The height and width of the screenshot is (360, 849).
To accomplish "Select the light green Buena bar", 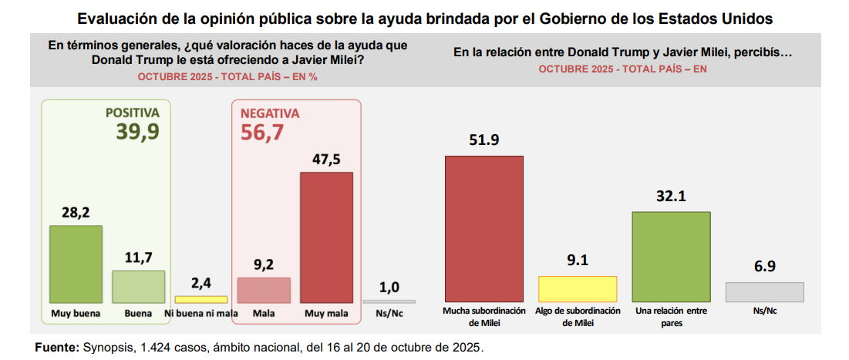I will [x=139, y=286].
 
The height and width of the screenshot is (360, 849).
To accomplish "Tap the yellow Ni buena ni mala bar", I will [x=200, y=299].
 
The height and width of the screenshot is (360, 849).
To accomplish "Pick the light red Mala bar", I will [x=264, y=290].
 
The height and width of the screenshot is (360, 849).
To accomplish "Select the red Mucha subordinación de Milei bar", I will [x=484, y=228].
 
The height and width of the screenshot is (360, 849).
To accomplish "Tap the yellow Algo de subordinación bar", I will [x=578, y=288].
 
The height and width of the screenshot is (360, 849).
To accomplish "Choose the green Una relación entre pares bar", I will [x=671, y=256].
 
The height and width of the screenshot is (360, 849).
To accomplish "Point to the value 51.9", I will [x=484, y=140].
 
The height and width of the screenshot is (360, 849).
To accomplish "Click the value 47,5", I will [x=326, y=160].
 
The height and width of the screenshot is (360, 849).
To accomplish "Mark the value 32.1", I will [x=671, y=197].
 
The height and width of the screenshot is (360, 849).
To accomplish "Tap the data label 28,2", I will [x=76, y=212].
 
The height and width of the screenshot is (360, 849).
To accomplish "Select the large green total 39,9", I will [x=138, y=133].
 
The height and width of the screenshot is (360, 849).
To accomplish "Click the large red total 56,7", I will [x=262, y=133].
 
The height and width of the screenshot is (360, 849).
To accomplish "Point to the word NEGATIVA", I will [x=270, y=113].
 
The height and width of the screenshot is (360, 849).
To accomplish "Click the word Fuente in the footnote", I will [x=56, y=348].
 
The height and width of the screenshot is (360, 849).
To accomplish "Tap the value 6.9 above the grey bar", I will [x=764, y=267].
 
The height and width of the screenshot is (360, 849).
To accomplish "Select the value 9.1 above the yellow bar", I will [x=578, y=261].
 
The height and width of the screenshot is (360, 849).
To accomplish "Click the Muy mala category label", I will [x=326, y=314].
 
